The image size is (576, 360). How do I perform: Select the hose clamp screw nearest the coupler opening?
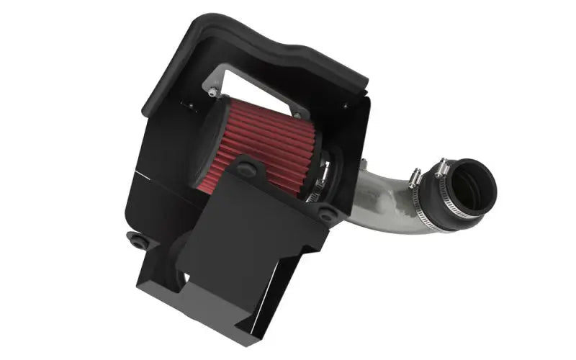pos(441,170)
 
